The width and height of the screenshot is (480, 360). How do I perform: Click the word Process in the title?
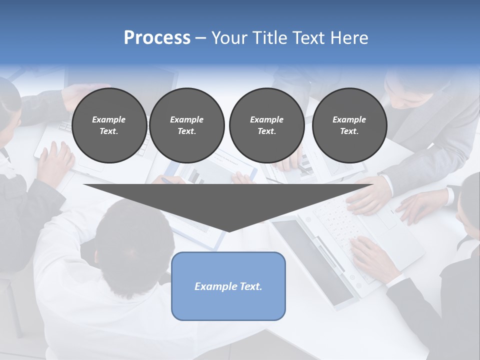[157, 38]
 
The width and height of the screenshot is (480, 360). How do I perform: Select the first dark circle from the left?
[109, 125]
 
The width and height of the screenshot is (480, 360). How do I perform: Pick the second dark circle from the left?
[187, 125]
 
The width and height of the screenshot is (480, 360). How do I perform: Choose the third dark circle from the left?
[266, 125]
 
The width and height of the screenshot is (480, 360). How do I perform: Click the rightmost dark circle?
[349, 125]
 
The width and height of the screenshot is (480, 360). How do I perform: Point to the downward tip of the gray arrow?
[228, 230]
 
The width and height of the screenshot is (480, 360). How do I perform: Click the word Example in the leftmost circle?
[109, 119]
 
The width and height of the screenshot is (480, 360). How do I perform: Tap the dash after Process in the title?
[201, 38]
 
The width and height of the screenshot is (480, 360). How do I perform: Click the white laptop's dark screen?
[312, 260]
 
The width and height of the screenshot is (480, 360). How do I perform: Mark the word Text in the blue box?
[249, 286]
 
